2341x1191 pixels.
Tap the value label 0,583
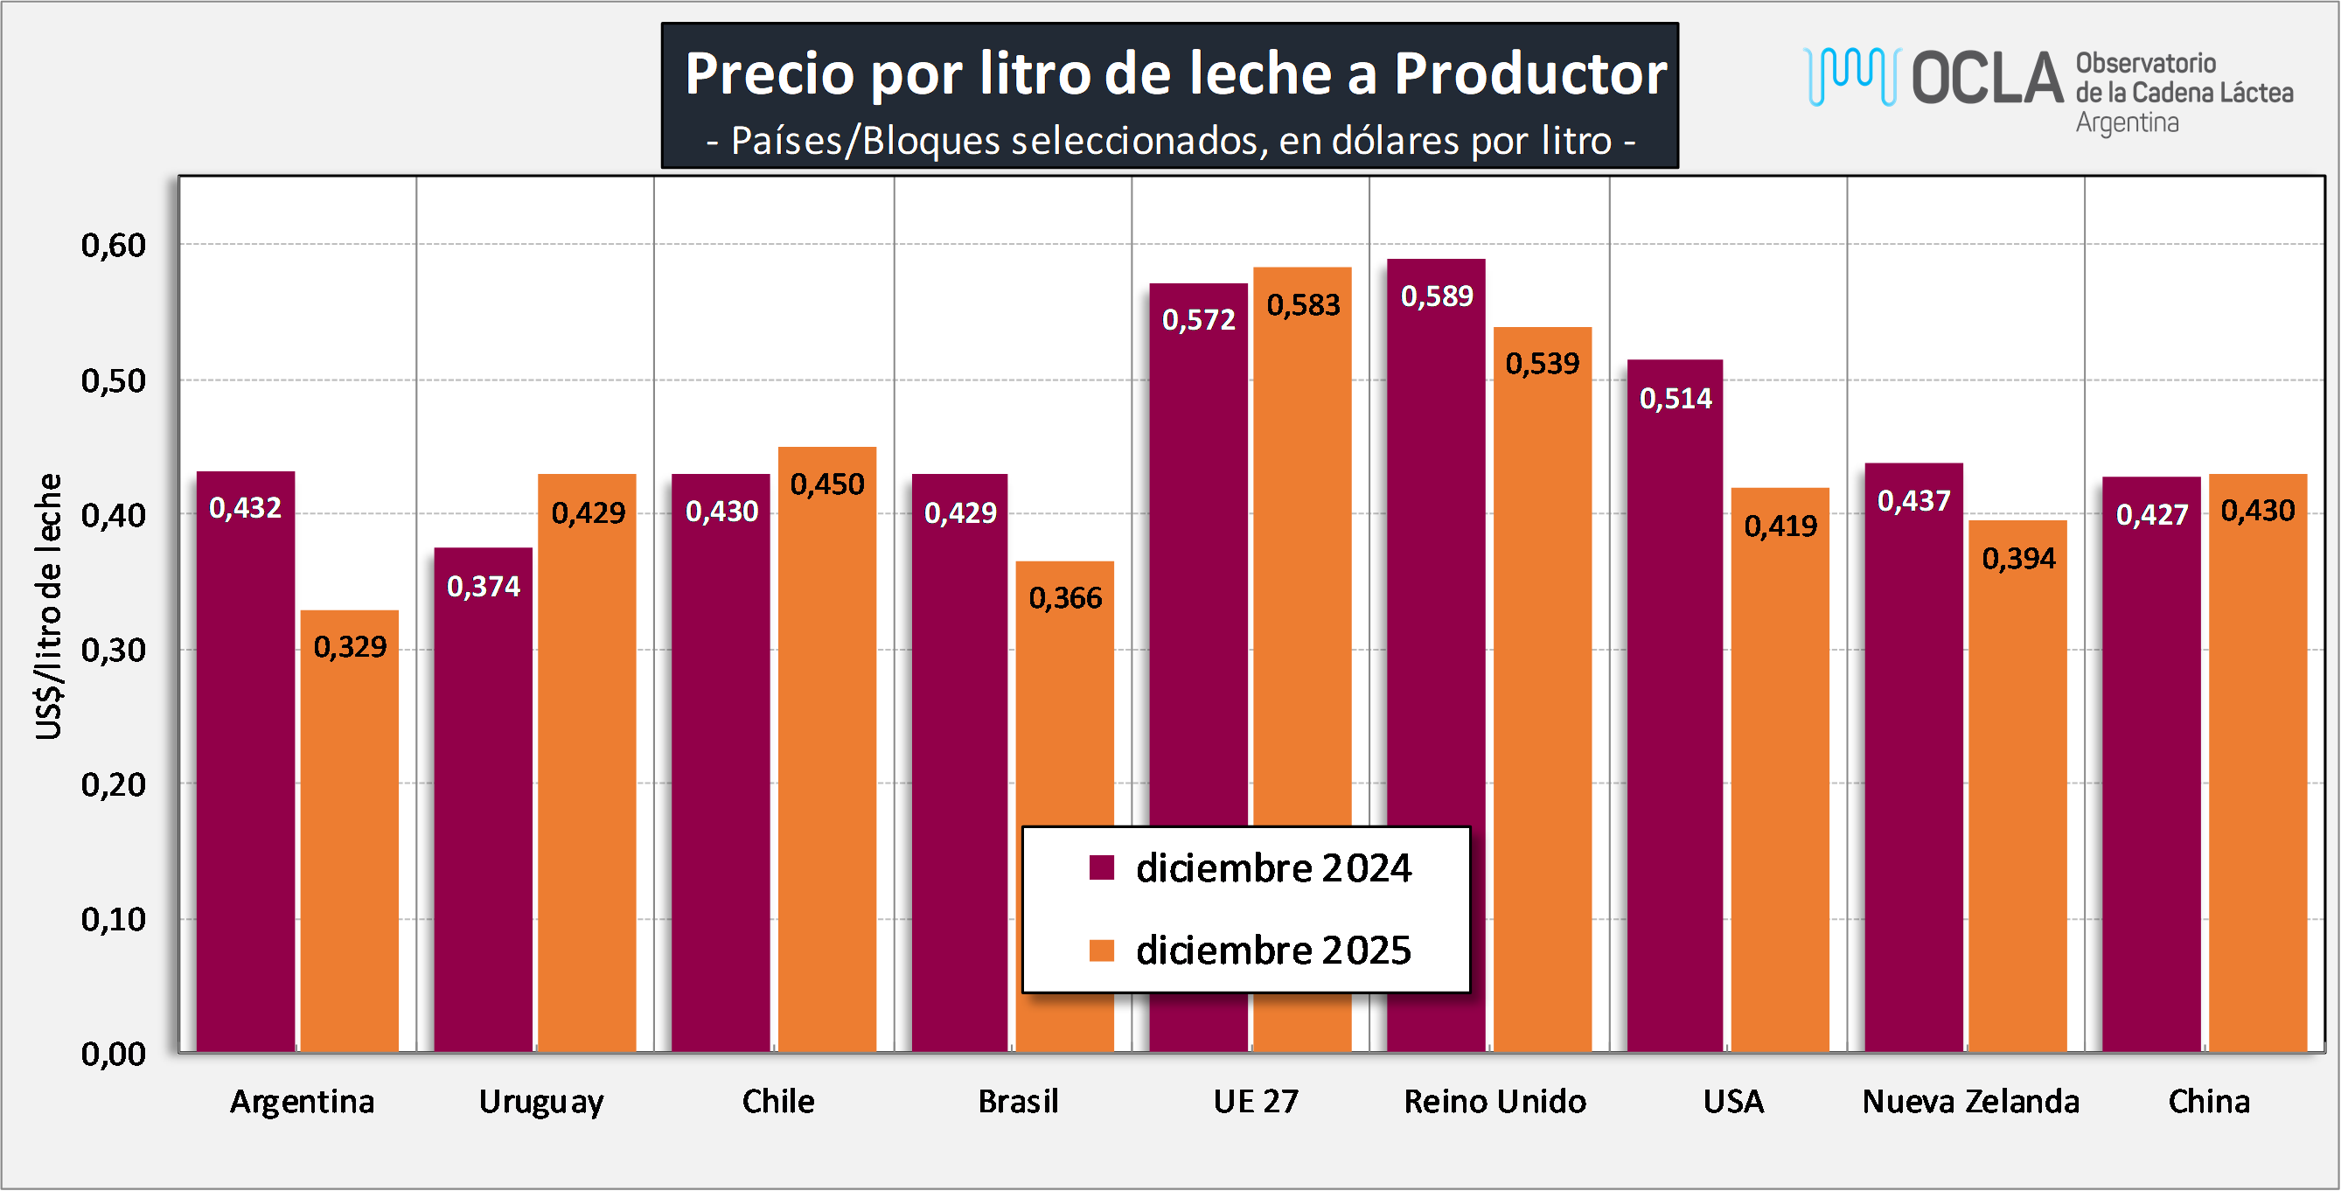[1303, 305]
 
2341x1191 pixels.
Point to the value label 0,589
[1437, 296]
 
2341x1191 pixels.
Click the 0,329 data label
[350, 647]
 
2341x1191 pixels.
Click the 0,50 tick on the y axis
[114, 380]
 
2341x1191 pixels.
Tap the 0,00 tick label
[114, 1054]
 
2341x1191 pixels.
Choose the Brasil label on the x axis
[1018, 1101]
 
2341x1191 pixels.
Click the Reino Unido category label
[1494, 1101]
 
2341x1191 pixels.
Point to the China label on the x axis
[2208, 1101]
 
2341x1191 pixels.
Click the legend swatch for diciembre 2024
[1102, 867]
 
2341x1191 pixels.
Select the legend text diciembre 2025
[1273, 951]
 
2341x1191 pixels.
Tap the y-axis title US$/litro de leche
[49, 606]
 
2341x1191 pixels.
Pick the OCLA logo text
[1988, 78]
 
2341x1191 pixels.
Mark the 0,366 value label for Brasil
[1065, 598]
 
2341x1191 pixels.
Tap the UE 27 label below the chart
[1256, 1101]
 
